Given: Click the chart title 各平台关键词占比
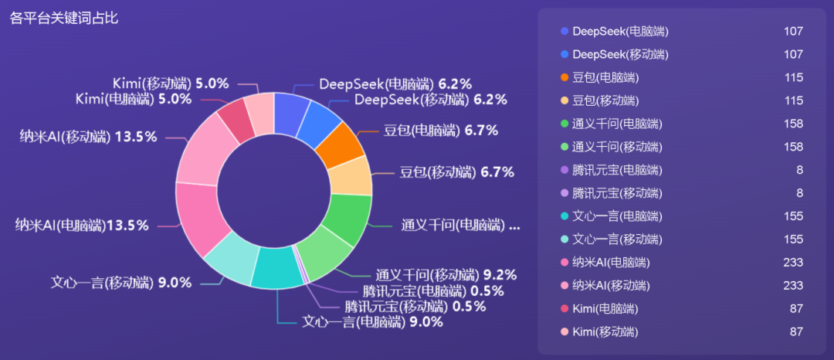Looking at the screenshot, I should [64, 18].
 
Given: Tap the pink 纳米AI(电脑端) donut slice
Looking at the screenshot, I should [202, 219].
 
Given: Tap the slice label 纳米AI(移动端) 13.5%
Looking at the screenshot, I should [89, 137].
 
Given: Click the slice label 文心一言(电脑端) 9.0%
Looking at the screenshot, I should [372, 322].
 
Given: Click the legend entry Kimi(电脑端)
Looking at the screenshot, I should [605, 309].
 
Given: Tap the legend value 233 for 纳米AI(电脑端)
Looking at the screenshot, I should [793, 263].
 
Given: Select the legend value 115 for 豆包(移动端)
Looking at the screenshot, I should [793, 100].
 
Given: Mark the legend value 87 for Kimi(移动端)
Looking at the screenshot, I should [795, 332].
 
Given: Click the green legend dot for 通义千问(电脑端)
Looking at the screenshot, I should [564, 124].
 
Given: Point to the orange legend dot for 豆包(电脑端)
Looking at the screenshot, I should [564, 77].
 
